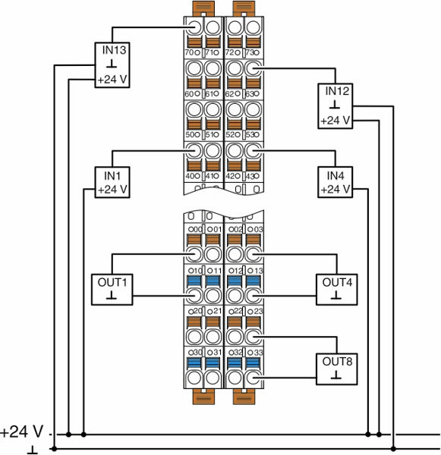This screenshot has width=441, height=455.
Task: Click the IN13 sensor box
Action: [112, 65]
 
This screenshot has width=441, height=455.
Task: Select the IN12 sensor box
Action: [335, 106]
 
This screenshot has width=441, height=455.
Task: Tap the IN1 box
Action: [112, 182]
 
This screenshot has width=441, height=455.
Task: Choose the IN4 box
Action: [335, 182]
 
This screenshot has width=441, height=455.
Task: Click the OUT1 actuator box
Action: [112, 290]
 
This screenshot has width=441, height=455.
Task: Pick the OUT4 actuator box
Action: [337, 290]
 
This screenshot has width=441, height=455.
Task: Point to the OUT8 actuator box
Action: [337, 369]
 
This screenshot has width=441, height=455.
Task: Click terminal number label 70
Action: [189, 53]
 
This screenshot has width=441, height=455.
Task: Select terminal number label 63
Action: [250, 94]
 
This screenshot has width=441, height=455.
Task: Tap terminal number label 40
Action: [190, 176]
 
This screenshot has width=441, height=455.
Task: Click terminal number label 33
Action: [258, 353]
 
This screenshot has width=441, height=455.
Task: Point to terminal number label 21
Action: [217, 311]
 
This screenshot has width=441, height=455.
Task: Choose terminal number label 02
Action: [238, 229]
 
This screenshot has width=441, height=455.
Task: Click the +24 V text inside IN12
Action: [335, 121]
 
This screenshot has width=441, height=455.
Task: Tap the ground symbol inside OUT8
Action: [336, 376]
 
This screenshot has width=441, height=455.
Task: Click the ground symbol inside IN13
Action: [112, 64]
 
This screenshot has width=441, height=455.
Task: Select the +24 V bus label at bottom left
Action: [22, 431]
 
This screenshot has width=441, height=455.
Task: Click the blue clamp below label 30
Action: [194, 362]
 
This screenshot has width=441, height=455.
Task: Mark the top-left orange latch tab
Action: [203, 8]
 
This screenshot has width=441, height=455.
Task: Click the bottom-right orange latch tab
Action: [244, 397]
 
